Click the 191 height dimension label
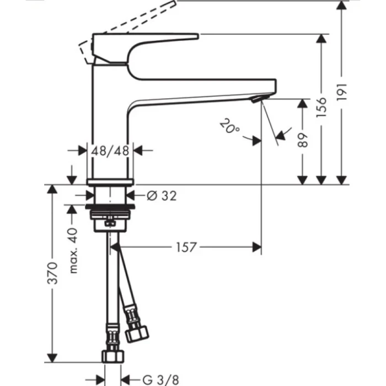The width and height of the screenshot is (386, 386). (342, 92)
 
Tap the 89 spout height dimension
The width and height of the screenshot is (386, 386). (302, 142)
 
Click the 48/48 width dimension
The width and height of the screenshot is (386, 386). (110, 149)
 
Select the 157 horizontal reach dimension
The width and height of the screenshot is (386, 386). (186, 248)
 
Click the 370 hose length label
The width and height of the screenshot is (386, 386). (52, 272)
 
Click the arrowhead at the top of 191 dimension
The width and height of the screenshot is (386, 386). (342, 4)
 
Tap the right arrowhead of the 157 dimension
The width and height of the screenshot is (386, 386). (256, 248)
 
